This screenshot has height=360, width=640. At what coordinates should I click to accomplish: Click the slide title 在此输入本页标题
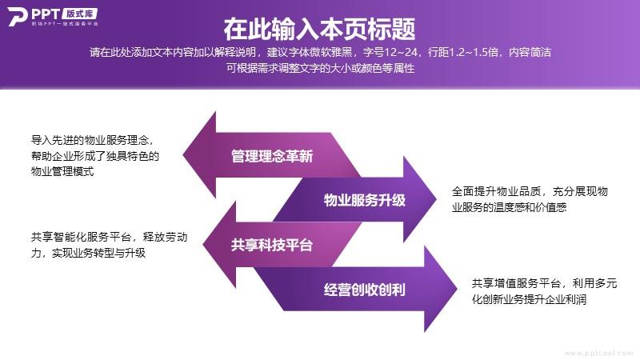click(319, 29)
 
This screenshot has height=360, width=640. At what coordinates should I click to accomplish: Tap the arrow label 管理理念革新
click(272, 156)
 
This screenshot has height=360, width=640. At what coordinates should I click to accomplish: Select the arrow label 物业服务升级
click(365, 200)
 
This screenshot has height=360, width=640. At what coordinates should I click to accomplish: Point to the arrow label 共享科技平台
click(272, 245)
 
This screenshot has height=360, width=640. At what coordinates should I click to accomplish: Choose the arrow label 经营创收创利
click(365, 290)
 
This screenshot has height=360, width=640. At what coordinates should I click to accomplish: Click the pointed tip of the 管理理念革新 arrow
click(183, 155)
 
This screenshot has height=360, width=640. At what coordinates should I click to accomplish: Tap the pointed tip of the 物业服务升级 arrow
click(436, 199)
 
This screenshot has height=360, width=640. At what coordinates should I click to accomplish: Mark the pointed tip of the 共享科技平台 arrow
click(203, 245)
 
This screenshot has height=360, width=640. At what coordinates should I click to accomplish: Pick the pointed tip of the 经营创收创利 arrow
click(457, 289)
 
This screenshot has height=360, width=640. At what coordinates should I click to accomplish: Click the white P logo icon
click(17, 17)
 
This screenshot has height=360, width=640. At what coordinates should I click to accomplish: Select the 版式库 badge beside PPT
click(79, 14)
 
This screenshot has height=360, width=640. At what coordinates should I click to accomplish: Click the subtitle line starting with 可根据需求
click(321, 68)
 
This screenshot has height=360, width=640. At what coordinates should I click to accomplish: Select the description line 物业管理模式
click(62, 171)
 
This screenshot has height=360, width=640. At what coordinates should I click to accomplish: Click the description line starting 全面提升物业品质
click(530, 191)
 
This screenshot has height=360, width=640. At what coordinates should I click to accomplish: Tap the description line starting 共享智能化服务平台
click(109, 237)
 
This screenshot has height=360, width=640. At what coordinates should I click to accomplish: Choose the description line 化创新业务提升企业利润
click(529, 299)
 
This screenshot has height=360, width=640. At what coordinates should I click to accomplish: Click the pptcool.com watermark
click(598, 353)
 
